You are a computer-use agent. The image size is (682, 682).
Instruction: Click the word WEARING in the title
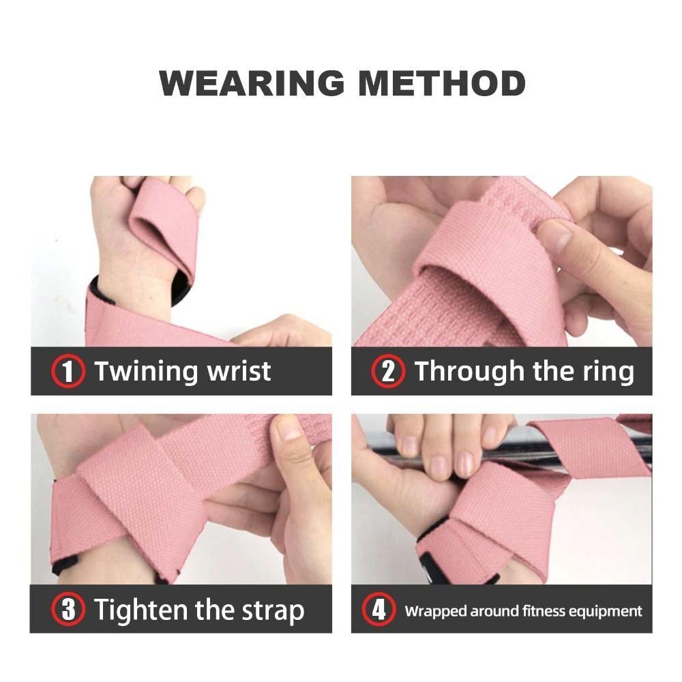tap(252, 83)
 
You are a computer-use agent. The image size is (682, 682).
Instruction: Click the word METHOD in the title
tap(442, 83)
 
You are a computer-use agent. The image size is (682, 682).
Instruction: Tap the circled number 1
tap(68, 372)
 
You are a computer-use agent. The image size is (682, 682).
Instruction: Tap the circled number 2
tap(388, 372)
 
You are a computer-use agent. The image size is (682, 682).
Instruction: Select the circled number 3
tap(68, 609)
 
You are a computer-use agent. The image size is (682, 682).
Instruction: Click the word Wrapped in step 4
tap(435, 612)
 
